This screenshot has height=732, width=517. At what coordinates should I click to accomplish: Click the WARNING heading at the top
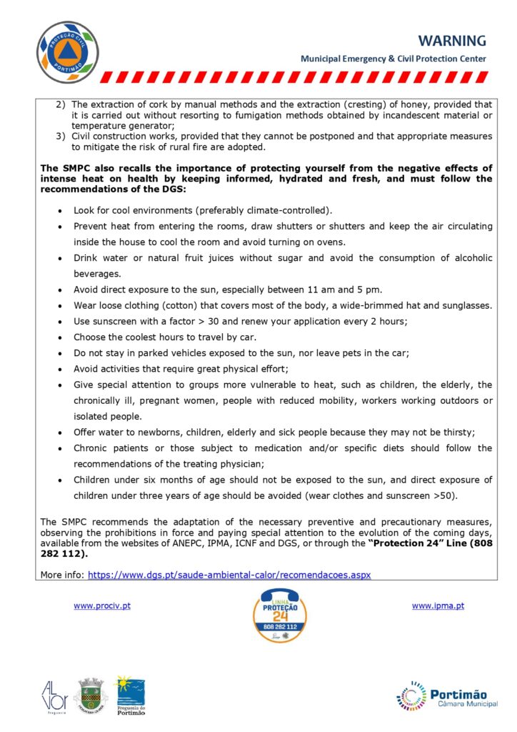[451, 41]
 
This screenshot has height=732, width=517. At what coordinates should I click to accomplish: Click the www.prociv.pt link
[102, 606]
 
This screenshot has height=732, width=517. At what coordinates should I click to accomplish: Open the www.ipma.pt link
[438, 606]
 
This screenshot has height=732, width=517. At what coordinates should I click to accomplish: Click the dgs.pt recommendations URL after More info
[228, 574]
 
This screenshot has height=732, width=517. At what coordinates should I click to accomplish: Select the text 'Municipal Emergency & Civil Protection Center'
[393, 59]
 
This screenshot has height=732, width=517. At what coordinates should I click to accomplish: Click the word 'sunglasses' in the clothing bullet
[467, 305]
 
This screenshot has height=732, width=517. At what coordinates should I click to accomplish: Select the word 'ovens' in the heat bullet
[331, 242]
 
